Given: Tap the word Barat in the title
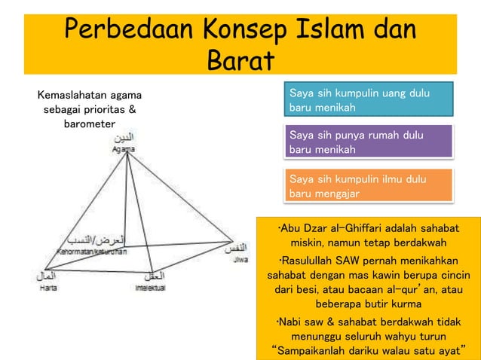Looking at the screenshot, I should tap(239, 59).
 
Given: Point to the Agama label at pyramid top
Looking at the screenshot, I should tap(123, 149).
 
